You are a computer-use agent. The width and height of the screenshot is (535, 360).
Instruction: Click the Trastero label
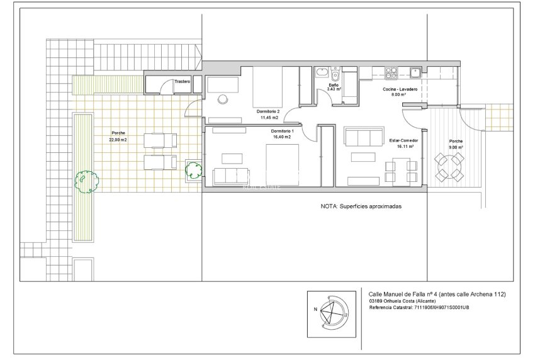183,81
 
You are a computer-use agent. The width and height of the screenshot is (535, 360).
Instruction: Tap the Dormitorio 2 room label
269,110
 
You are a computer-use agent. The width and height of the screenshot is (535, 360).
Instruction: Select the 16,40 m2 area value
281,137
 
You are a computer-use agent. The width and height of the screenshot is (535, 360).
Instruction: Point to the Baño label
334,84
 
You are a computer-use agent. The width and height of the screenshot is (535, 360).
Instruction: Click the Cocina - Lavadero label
400,90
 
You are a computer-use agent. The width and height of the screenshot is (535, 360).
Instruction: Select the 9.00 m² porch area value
456,147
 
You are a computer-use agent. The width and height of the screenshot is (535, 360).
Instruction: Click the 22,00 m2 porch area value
118,140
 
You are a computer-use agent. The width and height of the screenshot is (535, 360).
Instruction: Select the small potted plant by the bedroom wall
193,169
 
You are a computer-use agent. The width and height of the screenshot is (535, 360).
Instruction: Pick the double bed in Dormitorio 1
281,165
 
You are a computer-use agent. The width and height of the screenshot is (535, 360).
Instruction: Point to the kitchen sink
415,71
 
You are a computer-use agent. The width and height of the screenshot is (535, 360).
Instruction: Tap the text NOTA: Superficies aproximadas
361,206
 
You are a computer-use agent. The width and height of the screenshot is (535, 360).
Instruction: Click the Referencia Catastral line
419,307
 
